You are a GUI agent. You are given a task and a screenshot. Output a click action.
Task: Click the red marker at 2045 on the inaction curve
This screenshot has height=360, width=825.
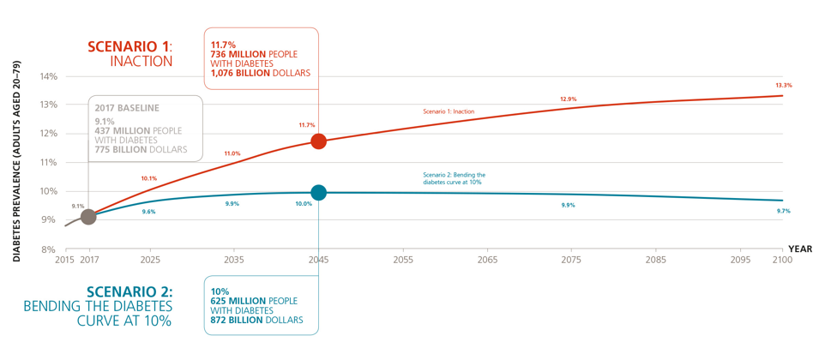click(318, 141)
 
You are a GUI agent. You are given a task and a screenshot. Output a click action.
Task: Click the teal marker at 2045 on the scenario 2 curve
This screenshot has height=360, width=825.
click(318, 192)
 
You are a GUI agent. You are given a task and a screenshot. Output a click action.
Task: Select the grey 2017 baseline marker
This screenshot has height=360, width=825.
click(87, 216)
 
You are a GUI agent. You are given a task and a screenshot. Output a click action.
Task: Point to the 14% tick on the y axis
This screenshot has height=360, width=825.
click(48, 76)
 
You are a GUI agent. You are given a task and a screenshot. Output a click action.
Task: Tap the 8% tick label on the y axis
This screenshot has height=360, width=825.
click(48, 250)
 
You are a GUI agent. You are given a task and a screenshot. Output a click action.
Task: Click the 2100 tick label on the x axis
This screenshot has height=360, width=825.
click(781, 259)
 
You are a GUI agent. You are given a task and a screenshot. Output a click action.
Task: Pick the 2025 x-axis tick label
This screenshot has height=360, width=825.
click(150, 259)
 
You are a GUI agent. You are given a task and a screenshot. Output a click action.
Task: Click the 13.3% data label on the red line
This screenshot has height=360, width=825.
click(783, 85)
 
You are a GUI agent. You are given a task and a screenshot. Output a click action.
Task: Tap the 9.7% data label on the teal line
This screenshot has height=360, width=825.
click(783, 211)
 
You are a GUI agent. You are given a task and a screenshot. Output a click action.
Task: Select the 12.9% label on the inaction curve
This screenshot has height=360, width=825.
click(569, 99)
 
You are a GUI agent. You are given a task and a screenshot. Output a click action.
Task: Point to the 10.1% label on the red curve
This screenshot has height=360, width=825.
click(149, 178)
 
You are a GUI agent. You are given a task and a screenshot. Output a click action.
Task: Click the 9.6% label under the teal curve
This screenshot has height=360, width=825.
click(149, 211)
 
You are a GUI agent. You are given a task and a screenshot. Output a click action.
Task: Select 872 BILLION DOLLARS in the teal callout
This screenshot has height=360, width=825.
click(256, 320)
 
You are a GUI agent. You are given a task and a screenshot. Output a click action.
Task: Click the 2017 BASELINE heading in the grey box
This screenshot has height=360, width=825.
click(128, 108)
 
